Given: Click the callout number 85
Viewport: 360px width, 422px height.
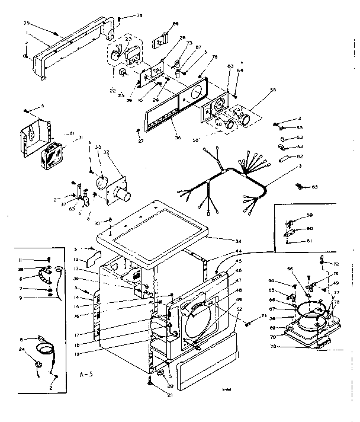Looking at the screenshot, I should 315,187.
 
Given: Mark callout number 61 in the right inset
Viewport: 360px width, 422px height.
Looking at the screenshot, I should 309,241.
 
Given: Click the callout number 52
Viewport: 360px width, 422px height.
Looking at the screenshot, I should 239,309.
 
